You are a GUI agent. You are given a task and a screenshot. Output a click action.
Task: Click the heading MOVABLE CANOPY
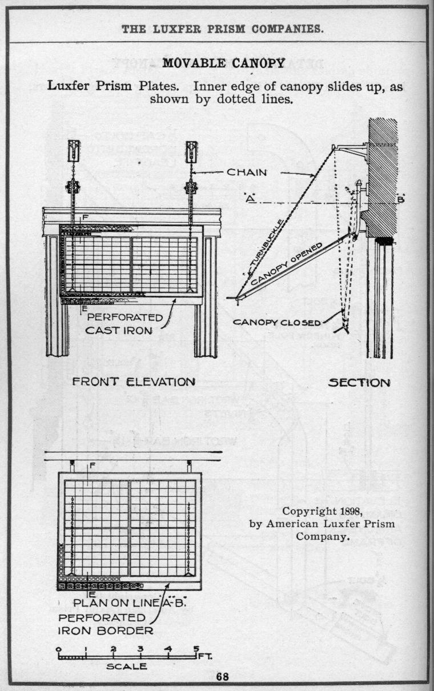(x=224, y=63)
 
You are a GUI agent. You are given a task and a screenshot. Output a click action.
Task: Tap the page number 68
(x=222, y=677)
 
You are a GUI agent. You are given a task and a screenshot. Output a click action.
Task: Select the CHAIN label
(x=247, y=172)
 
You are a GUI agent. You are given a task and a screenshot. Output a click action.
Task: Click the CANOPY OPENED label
(x=287, y=264)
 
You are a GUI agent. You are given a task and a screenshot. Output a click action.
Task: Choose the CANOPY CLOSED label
(x=277, y=322)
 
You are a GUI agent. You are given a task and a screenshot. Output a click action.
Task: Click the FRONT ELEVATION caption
(x=134, y=381)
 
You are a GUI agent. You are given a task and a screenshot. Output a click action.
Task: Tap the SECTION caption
(x=359, y=383)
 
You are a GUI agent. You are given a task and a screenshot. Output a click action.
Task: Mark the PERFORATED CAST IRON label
(x=124, y=324)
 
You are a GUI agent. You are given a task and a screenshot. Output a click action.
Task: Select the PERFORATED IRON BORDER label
(x=106, y=624)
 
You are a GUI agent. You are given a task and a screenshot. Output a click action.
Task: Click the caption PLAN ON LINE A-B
(x=130, y=603)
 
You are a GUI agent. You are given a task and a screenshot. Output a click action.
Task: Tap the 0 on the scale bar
(x=59, y=649)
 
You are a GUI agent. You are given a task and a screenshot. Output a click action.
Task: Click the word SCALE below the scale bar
(x=126, y=666)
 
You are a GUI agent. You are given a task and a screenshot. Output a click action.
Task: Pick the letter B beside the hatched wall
(x=400, y=199)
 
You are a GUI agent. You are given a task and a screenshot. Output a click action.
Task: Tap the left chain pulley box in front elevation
(x=74, y=151)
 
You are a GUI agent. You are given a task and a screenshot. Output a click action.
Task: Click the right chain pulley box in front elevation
(x=191, y=152)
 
